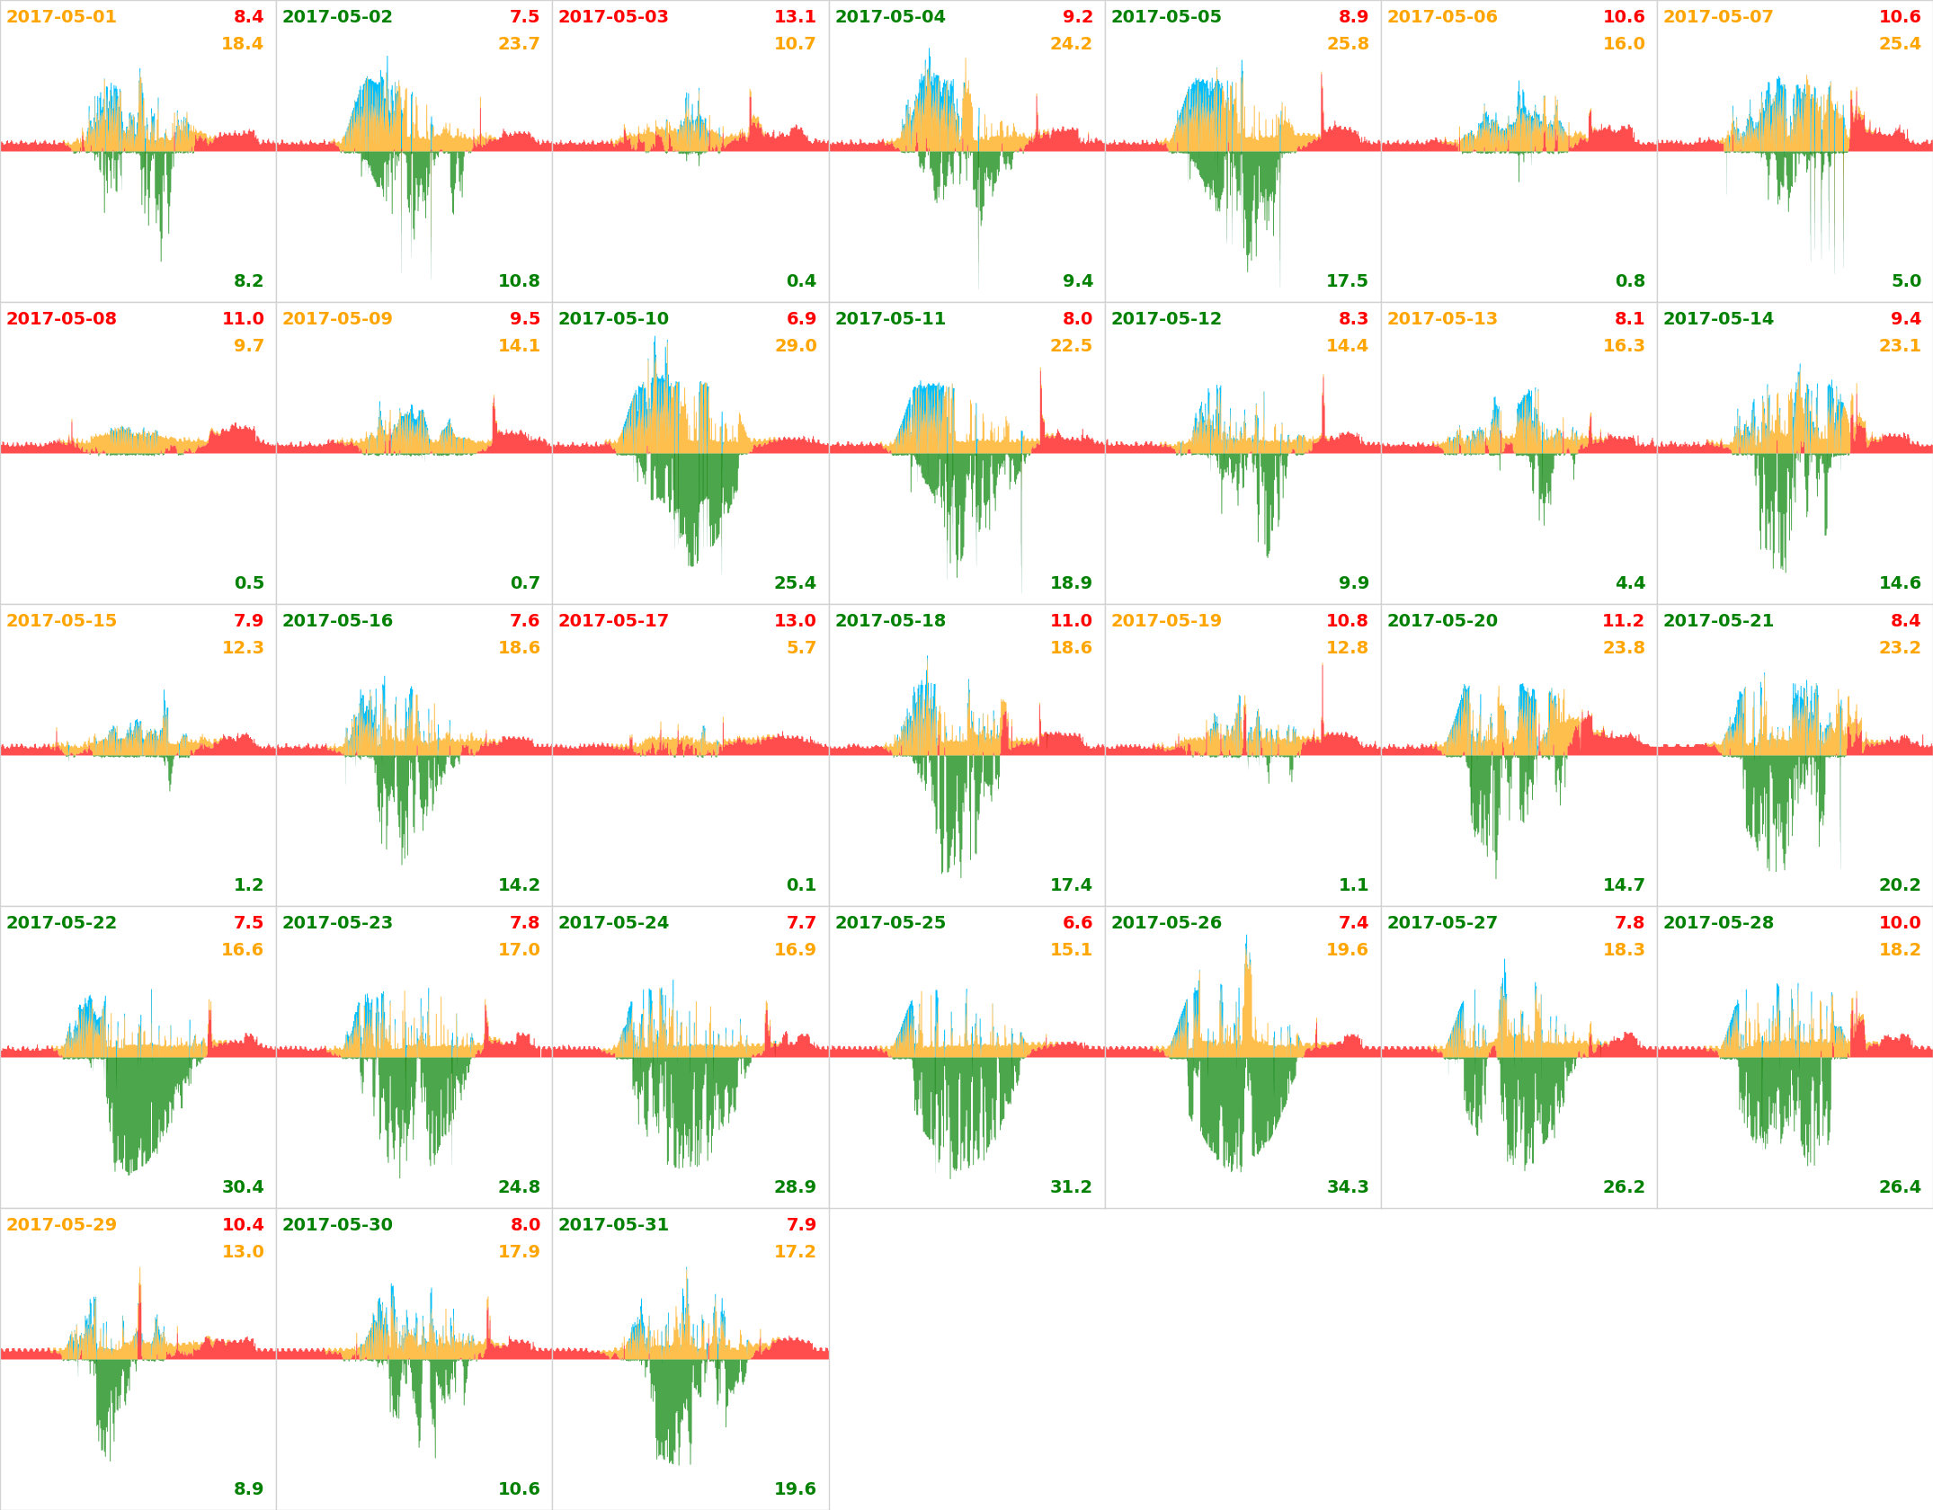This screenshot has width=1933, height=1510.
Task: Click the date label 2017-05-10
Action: [613, 319]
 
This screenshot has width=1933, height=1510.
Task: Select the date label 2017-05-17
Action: [613, 621]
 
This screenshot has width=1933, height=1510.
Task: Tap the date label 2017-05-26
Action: [1166, 923]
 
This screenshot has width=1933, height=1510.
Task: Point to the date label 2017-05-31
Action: [613, 1225]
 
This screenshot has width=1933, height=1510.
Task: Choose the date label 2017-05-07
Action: [1718, 17]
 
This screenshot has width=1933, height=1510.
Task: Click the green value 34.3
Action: [1347, 1187]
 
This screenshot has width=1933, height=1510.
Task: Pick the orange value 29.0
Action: [795, 346]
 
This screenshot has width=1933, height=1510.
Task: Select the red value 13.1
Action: [795, 17]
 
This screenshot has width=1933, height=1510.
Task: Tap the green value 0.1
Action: [801, 885]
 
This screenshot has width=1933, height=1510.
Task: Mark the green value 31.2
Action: [1071, 1187]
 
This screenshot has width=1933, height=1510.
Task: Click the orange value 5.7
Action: [801, 648]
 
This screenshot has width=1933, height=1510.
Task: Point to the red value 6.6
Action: [1077, 923]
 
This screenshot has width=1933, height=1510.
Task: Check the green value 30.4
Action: [243, 1187]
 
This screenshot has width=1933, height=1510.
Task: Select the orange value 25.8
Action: [1347, 44]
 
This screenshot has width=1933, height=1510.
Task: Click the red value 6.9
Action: [801, 319]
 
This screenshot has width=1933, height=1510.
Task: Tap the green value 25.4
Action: [795, 583]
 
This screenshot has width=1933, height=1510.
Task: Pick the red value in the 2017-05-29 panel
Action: [243, 1225]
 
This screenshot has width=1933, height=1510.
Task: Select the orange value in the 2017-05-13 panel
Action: [1623, 346]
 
